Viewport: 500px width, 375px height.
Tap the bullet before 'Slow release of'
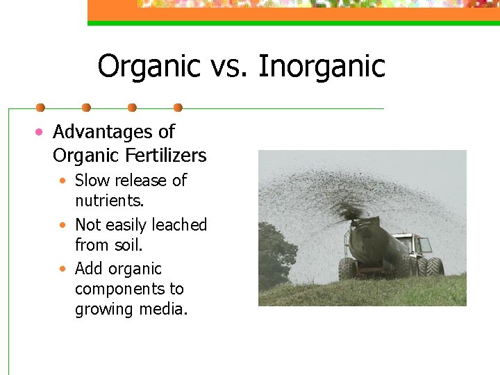click(63, 181)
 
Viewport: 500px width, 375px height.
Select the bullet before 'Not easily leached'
click(63, 226)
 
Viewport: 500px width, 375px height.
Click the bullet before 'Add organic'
click(63, 269)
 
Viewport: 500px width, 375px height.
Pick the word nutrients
click(109, 201)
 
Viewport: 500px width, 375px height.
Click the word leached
click(179, 225)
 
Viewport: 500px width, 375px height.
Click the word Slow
click(90, 181)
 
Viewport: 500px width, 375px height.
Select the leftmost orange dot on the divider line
click(40, 108)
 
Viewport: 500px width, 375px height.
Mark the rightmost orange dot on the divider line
click(178, 108)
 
